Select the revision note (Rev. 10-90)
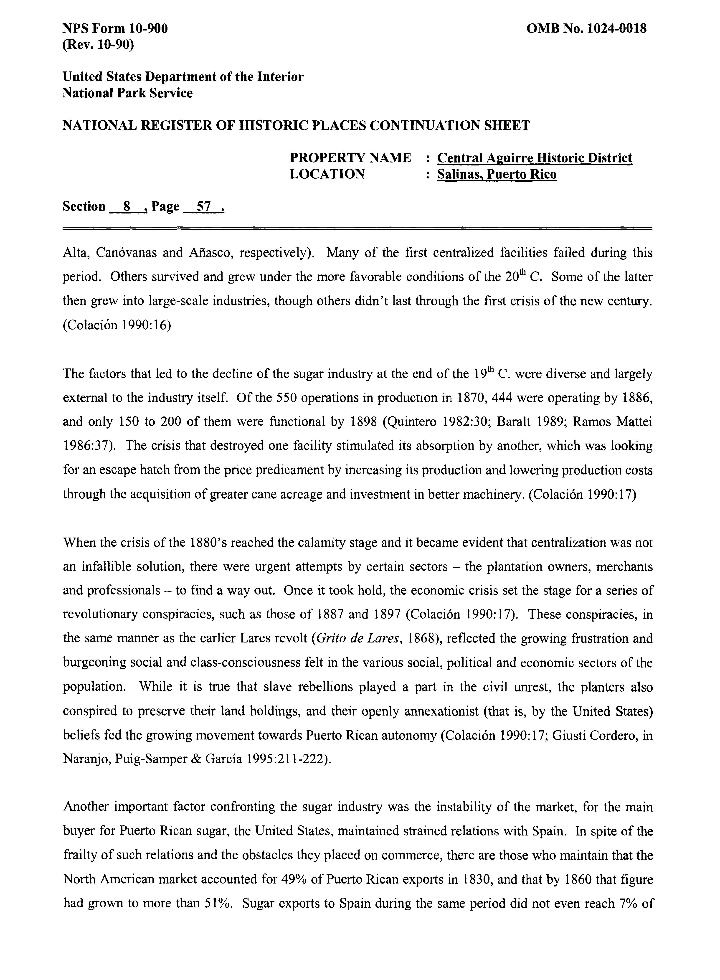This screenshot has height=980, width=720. (x=98, y=44)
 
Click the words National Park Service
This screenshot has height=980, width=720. (x=127, y=93)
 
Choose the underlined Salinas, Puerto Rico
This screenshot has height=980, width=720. (x=497, y=174)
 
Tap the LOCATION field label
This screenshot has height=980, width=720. (x=327, y=174)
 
